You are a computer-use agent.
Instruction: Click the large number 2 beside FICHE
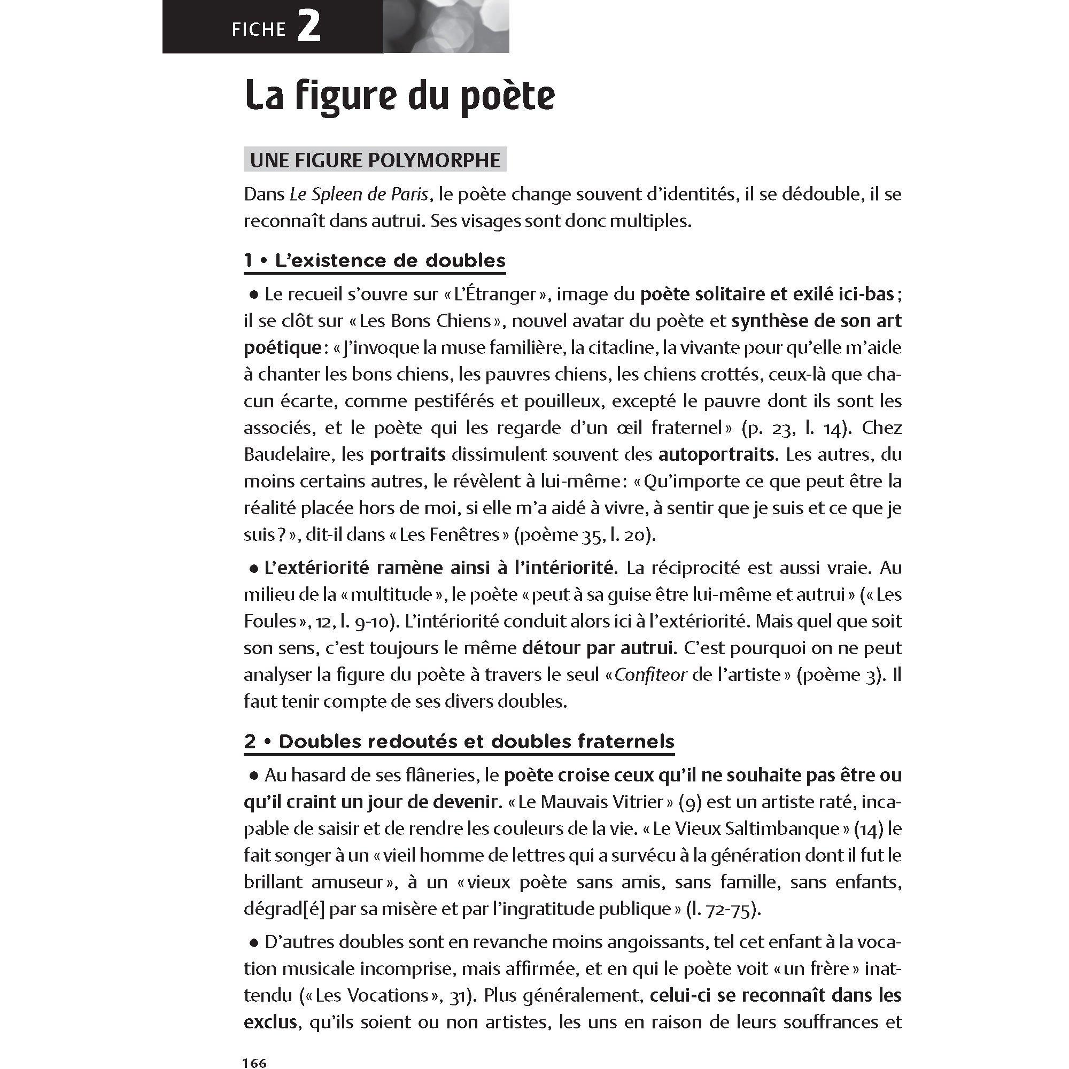309,27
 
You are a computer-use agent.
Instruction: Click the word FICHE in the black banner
258,29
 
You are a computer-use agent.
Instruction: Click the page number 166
254,1063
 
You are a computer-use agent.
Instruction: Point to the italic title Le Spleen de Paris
359,195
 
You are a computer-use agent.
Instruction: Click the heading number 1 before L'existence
249,261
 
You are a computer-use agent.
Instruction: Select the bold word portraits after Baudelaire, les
408,455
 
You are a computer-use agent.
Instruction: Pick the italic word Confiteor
650,675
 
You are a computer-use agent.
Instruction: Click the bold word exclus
270,1022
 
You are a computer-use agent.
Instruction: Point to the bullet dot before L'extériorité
254,568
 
